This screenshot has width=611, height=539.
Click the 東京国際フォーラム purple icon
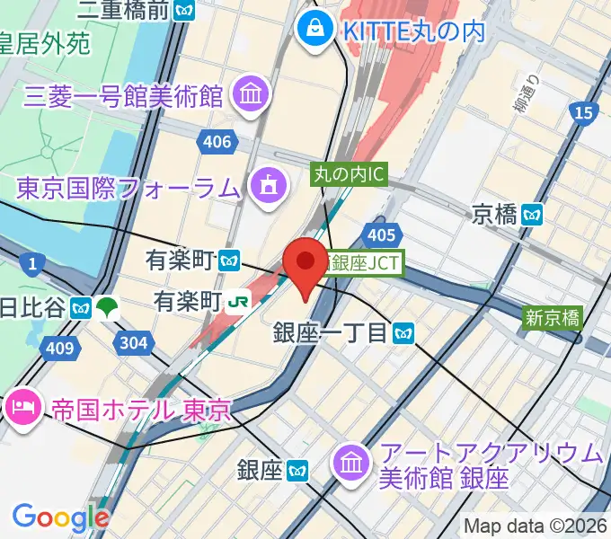pyautogui.click(x=267, y=187)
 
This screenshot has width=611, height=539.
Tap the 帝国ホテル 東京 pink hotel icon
pyautogui.click(x=20, y=409)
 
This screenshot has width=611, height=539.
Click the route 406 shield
pyautogui.click(x=217, y=142)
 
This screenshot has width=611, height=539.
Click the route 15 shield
pyautogui.click(x=583, y=112)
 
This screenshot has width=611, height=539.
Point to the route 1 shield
pyautogui.click(x=34, y=264)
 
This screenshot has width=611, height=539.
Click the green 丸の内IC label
pyautogui.click(x=349, y=173)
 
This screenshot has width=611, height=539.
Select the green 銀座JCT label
pyautogui.click(x=366, y=263)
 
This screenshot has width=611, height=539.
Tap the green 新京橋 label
pyautogui.click(x=553, y=316)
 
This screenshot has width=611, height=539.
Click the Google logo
pyautogui.click(x=60, y=517)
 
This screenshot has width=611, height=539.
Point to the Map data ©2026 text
pyautogui.click(x=536, y=526)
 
